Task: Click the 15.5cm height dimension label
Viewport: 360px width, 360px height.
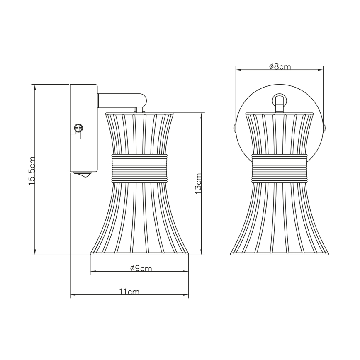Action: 32,171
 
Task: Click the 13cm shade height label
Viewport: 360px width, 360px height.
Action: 198,184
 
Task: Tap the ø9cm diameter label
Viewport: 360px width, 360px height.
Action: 141,268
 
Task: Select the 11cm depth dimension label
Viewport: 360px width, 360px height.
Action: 129,292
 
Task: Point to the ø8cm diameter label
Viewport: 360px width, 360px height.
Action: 280,67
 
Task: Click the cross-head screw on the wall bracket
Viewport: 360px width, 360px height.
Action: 78,128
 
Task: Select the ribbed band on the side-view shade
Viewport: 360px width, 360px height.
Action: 139,168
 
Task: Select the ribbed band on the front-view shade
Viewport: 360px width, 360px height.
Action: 280,168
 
